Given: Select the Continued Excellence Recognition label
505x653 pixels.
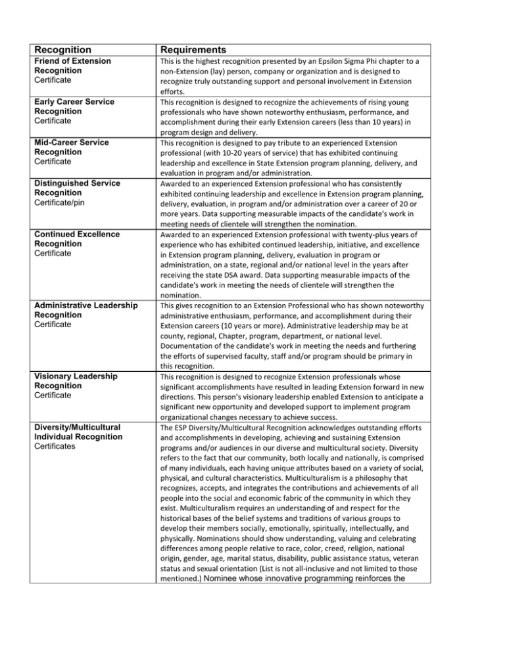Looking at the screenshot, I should (74, 239).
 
